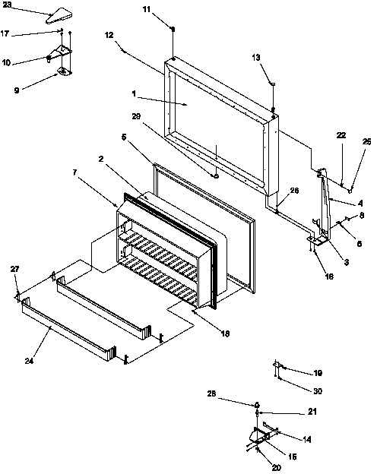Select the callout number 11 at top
pos(168,8)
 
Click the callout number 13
pos(255,57)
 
